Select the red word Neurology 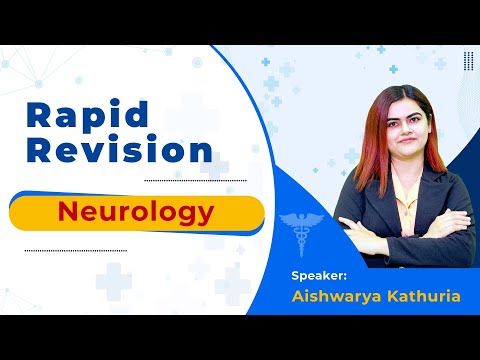[135, 212]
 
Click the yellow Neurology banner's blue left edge [15, 212]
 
